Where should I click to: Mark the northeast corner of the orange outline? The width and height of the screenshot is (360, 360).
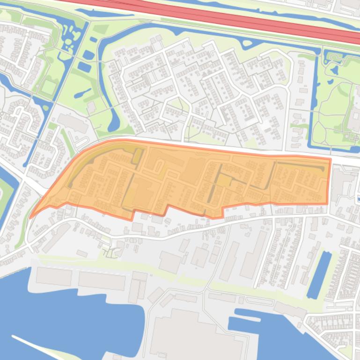[x=330, y=160]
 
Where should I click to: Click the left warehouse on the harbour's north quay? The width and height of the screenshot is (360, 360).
[x=54, y=276]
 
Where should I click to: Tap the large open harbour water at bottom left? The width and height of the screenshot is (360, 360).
[x=70, y=318]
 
